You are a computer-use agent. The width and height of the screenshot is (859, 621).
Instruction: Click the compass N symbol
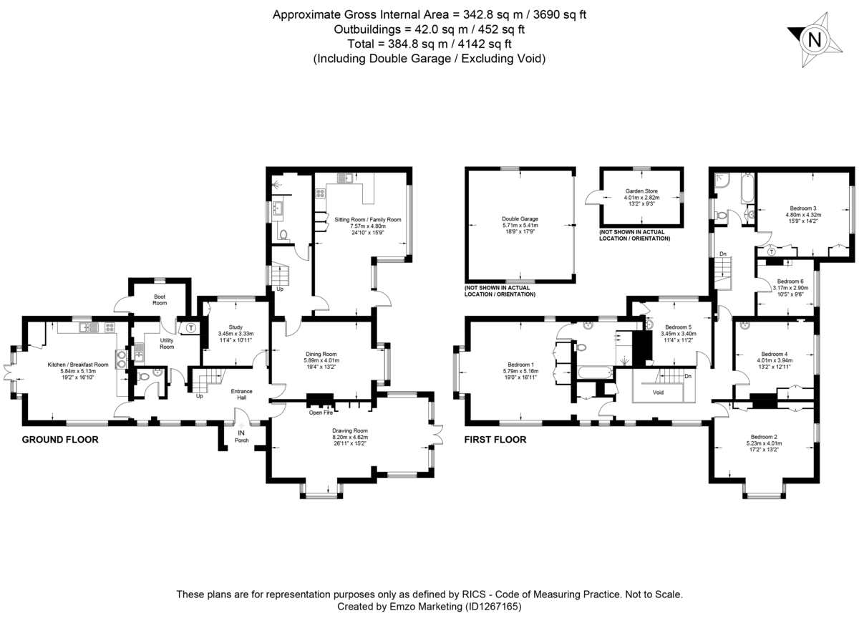pyautogui.click(x=814, y=40)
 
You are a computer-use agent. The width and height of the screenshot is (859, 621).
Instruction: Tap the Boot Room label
pyautogui.click(x=159, y=299)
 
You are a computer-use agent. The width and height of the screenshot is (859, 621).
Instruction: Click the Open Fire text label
pyautogui.click(x=321, y=413)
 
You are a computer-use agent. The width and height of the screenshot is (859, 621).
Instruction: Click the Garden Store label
pyautogui.click(x=641, y=191)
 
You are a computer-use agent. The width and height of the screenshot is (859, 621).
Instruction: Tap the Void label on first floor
pyautogui.click(x=658, y=393)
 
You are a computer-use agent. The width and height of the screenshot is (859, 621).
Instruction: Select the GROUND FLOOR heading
pyautogui.click(x=59, y=440)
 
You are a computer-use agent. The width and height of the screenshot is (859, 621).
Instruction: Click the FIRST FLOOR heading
pyautogui.click(x=495, y=440)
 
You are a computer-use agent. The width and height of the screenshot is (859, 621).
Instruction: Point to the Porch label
pyautogui.click(x=241, y=441)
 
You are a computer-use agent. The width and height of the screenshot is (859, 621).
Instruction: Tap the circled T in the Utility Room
pyautogui.click(x=191, y=329)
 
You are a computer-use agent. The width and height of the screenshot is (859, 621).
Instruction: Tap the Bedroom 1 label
pyautogui.click(x=520, y=365)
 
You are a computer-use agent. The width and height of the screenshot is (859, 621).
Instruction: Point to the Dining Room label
pyautogui.click(x=321, y=354)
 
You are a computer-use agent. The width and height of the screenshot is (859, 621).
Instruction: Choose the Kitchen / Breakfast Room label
pyautogui.click(x=78, y=365)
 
